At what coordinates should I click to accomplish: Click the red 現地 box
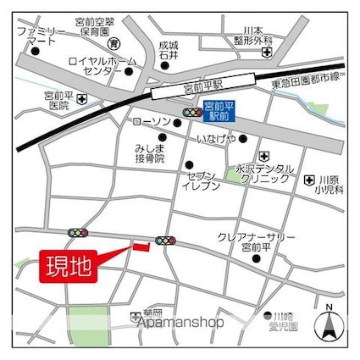click(69, 266)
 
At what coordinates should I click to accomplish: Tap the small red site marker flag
click(140, 246)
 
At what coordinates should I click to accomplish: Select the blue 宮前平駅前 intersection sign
click(219, 109)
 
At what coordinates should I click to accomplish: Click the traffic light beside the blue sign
click(193, 112)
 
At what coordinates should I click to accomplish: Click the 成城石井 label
click(169, 50)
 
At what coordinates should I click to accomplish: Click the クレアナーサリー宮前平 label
click(268, 241)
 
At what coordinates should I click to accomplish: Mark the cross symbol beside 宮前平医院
click(81, 99)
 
